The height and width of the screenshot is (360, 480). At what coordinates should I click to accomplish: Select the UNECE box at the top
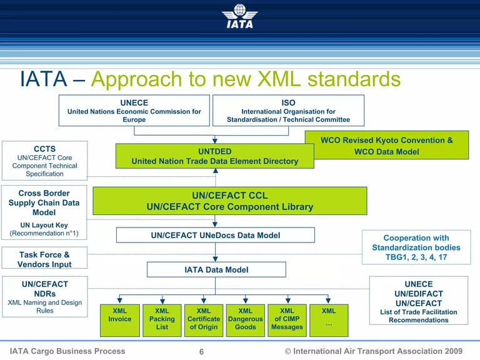pyautogui.click(x=134, y=111)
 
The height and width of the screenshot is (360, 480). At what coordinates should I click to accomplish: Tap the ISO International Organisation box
pyautogui.click(x=288, y=111)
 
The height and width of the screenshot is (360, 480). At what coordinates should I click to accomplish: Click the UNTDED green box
pyautogui.click(x=214, y=156)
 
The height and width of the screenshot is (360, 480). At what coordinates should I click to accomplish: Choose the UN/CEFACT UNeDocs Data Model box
pyautogui.click(x=215, y=235)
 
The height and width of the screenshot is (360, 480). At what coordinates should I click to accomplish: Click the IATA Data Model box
pyautogui.click(x=216, y=269)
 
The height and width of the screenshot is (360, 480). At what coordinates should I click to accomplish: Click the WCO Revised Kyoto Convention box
pyautogui.click(x=386, y=146)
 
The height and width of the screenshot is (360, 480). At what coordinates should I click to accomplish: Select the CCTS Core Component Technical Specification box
pyautogui.click(x=44, y=161)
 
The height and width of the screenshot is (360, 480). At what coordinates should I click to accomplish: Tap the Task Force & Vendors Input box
pyautogui.click(x=44, y=259)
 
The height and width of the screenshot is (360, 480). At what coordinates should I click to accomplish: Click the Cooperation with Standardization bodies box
pyautogui.click(x=416, y=247)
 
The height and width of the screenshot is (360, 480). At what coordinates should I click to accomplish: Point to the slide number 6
pyautogui.click(x=201, y=352)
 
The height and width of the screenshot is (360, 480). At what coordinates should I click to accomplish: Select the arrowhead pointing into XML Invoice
pyautogui.click(x=120, y=301)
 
